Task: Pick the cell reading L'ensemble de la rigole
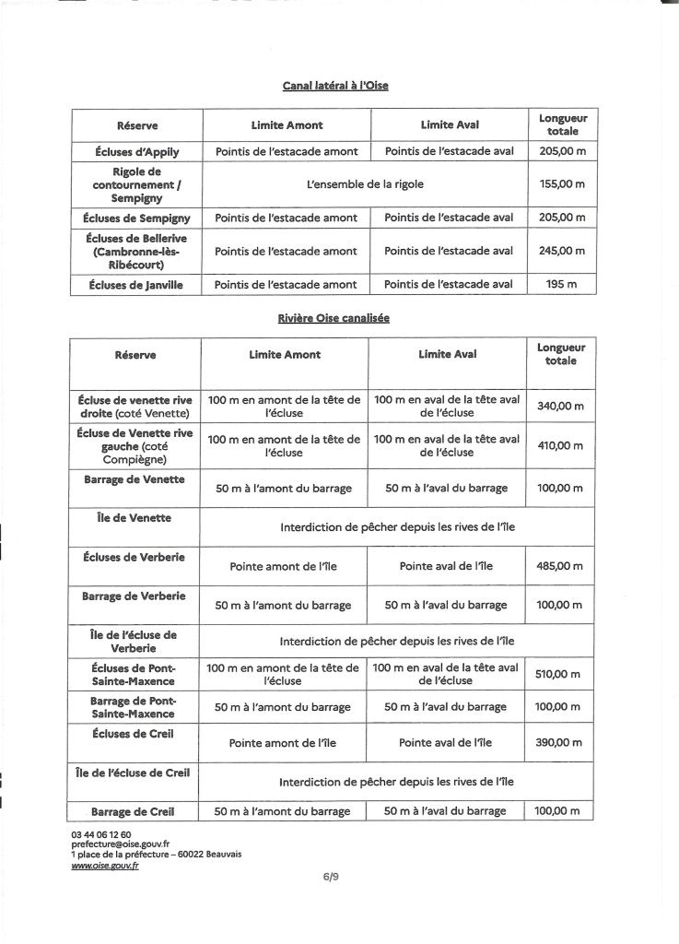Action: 366,184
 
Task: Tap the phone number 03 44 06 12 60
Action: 95,833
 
